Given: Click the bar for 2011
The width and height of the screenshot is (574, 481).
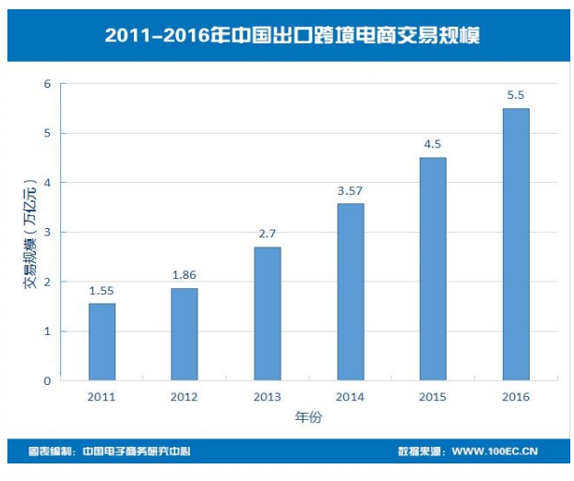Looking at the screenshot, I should [102, 342].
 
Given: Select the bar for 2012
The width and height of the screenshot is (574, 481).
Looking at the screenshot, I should [185, 334].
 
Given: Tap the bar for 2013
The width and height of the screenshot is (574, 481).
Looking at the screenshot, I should [268, 314].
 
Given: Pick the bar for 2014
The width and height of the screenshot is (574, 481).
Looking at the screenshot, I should [351, 292].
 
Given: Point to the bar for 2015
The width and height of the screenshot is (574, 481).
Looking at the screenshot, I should [433, 269].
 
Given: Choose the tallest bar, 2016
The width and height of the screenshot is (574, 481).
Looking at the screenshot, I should [516, 245].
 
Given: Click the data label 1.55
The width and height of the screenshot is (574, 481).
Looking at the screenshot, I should [102, 291].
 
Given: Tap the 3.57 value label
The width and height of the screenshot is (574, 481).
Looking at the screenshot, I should [351, 191].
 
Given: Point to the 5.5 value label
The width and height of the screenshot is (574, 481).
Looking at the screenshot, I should [516, 96].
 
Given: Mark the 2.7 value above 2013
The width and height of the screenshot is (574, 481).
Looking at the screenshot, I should [268, 234].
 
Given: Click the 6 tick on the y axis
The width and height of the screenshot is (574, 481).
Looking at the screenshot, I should [47, 84].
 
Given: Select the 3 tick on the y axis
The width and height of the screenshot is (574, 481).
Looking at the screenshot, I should [47, 233].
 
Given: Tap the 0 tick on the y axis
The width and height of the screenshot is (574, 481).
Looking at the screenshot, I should [47, 380].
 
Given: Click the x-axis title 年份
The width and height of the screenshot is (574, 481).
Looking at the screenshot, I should [308, 417].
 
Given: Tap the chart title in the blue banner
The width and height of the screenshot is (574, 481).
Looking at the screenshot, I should [292, 35].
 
